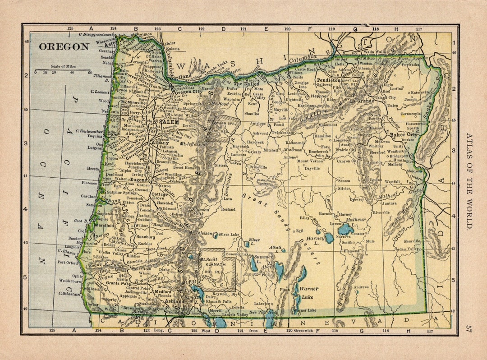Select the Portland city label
click(182, 76)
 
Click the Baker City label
click(404, 134)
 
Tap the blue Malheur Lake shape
click(345, 230)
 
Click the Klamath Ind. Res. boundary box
click(217, 269)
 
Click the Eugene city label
click(140, 179)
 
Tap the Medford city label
click(163, 291)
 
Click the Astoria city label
click(111, 45)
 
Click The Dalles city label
click(244, 84)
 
